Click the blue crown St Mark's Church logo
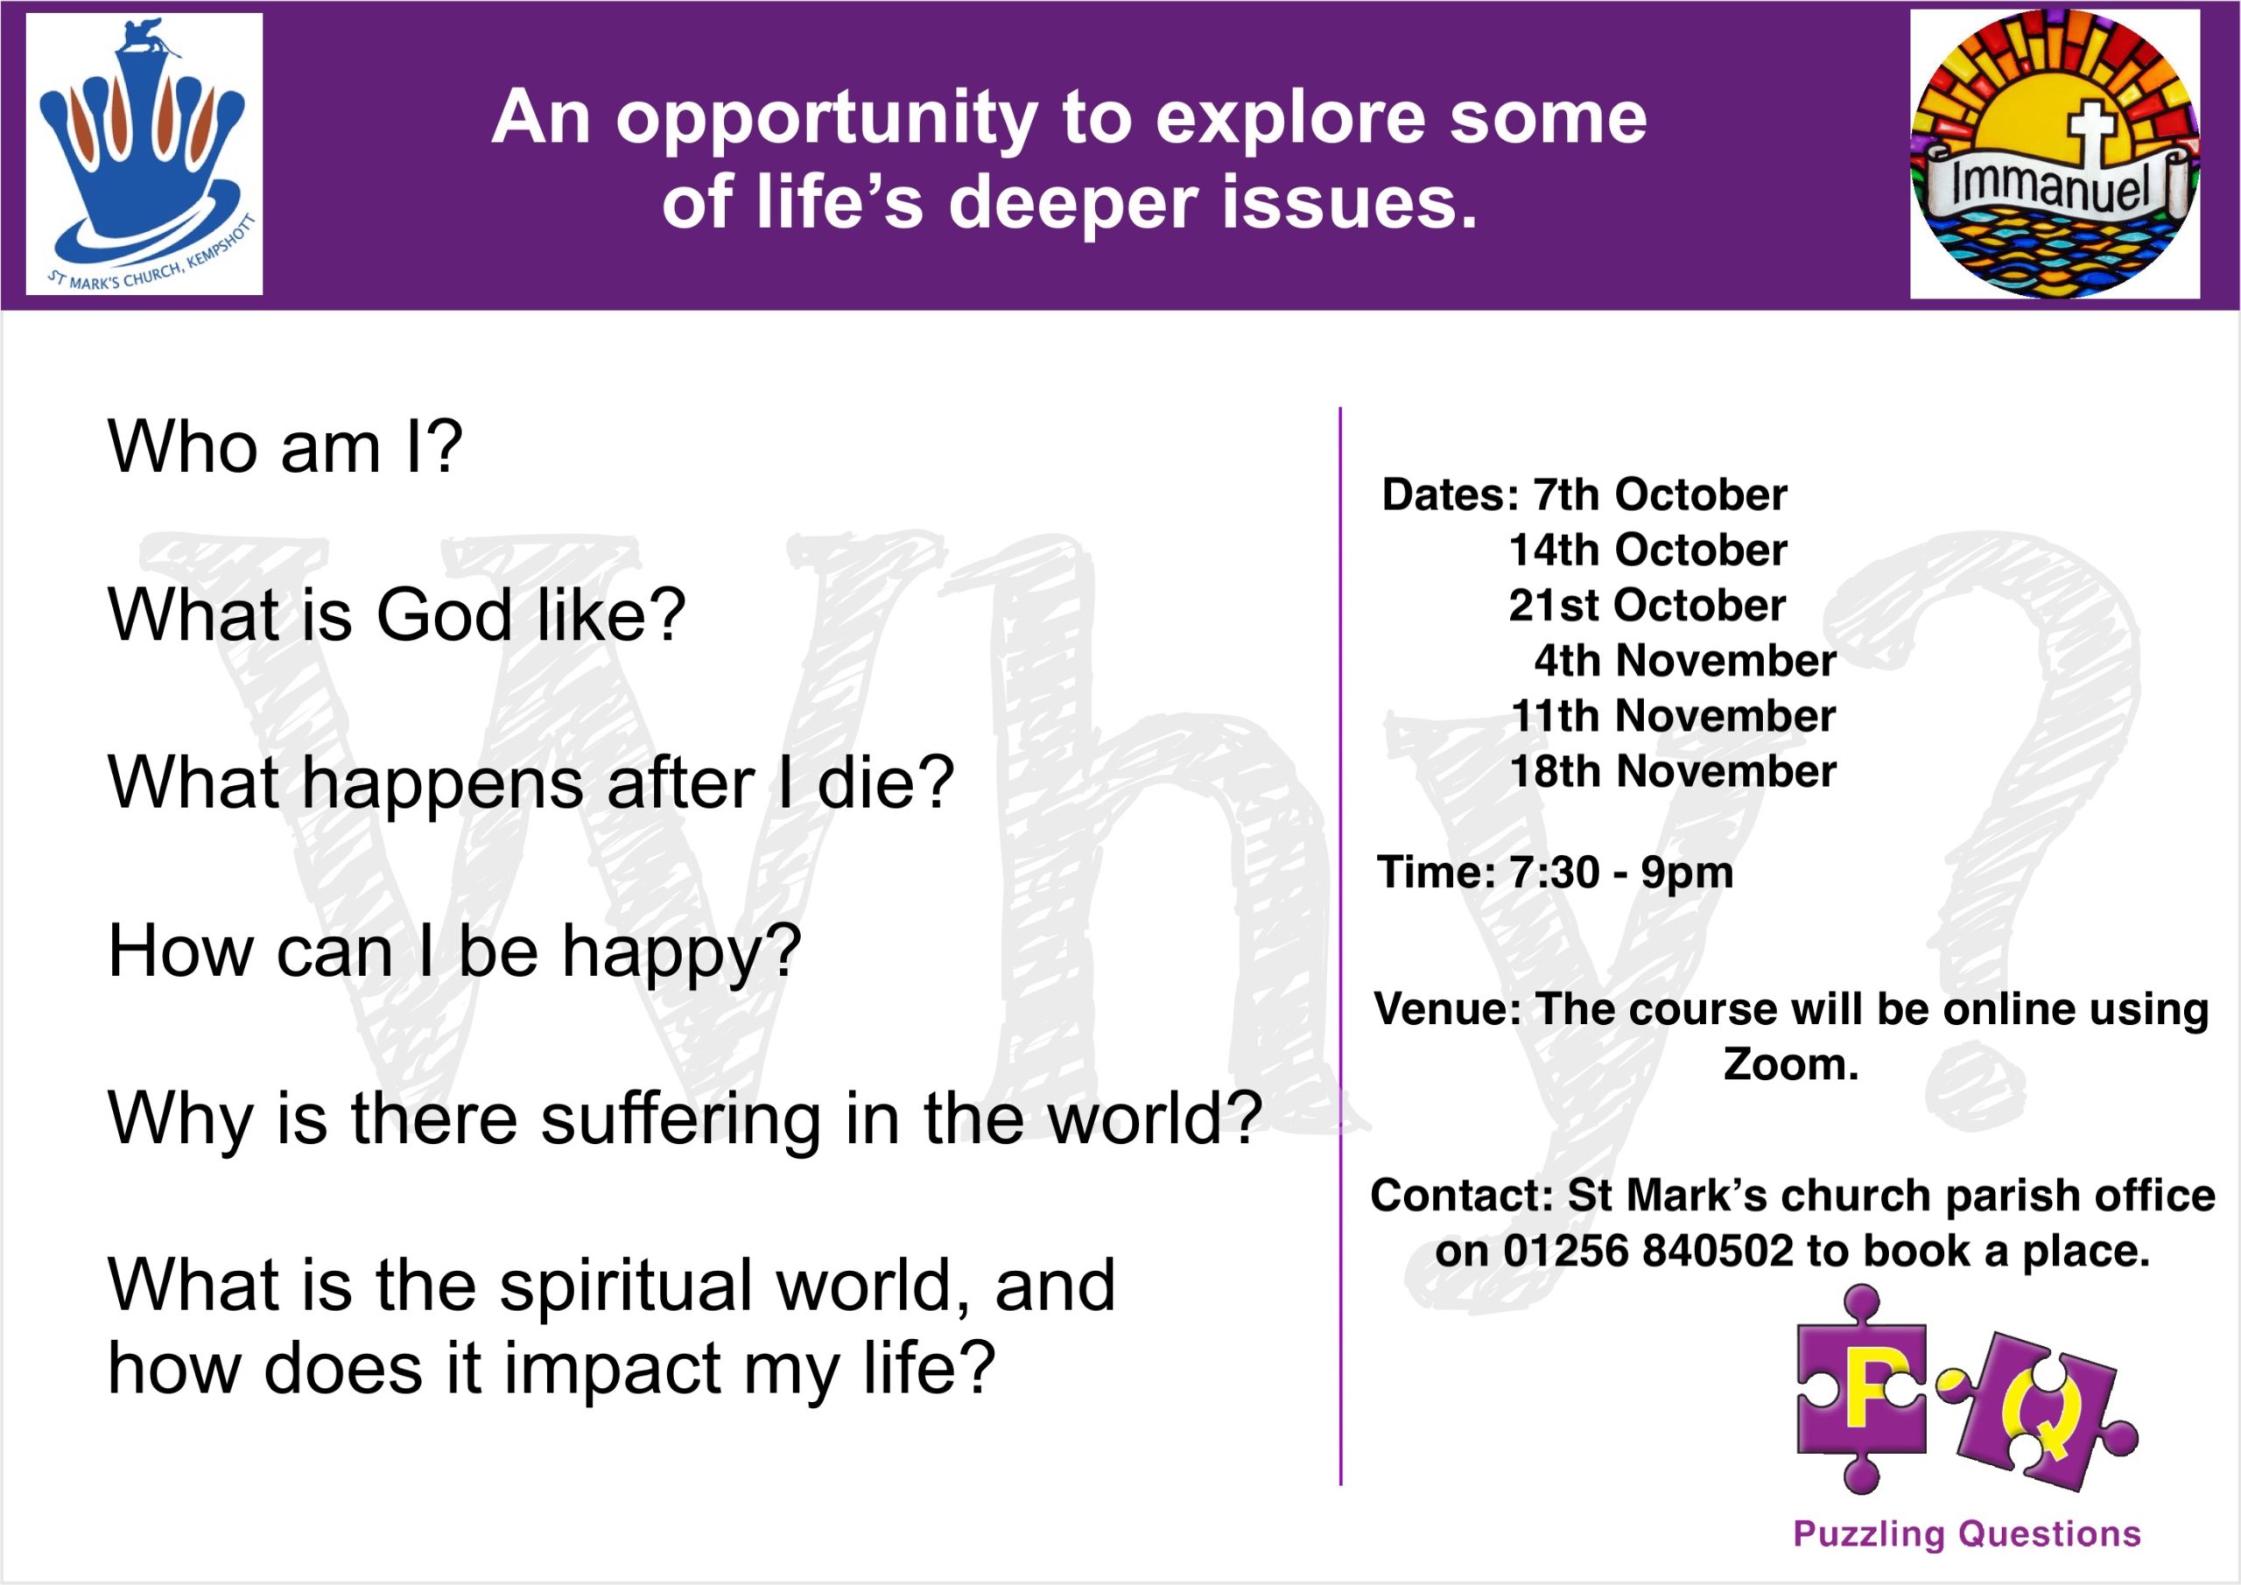click(144, 153)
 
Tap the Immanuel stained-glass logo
click(2055, 154)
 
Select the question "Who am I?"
click(285, 448)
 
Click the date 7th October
click(1659, 494)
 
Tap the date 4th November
click(1684, 661)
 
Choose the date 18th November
click(1673, 771)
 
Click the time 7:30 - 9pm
click(1621, 873)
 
